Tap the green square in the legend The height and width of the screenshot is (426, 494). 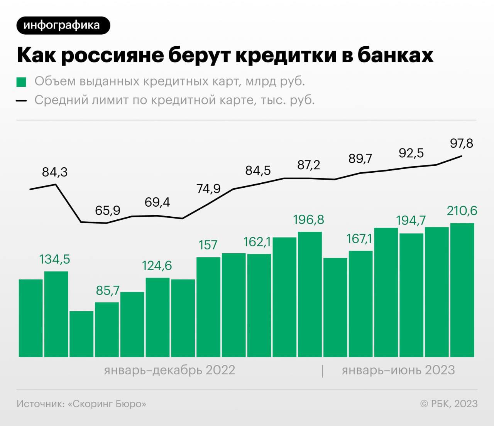click(x=22, y=82)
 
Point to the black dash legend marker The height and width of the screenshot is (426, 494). click(x=22, y=101)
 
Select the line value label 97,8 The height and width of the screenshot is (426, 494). click(x=462, y=143)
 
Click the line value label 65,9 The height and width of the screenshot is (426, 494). click(x=108, y=210)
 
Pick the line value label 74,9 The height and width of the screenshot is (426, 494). click(x=208, y=189)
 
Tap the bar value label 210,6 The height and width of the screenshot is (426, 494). click(x=462, y=211)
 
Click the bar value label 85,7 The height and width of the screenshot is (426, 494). click(x=108, y=290)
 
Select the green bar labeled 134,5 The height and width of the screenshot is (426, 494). click(x=56, y=314)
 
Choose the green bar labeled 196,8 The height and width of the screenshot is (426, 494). click(x=310, y=294)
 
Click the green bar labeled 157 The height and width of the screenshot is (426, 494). click(x=208, y=306)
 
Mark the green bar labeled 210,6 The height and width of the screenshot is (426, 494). click(x=462, y=290)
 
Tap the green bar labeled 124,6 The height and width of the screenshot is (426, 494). click(x=157, y=317)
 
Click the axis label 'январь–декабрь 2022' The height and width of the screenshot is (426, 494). click(x=169, y=370)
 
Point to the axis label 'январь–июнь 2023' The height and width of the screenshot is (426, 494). click(x=398, y=370)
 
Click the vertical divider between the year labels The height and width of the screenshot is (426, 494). click(x=323, y=370)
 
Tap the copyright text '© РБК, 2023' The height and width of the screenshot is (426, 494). click(x=449, y=404)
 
